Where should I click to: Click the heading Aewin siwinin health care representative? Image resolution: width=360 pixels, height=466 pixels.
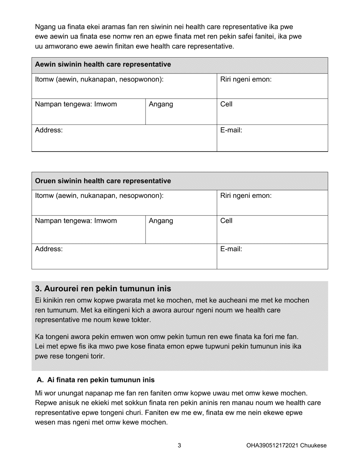(x=103, y=64)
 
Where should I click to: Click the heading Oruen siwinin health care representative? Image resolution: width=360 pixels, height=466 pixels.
(x=103, y=181)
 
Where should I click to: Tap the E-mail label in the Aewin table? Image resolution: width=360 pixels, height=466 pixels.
(x=231, y=130)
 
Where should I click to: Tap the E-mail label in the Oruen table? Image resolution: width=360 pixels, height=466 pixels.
(x=231, y=249)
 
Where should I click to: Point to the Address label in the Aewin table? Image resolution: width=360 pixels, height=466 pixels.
(x=49, y=130)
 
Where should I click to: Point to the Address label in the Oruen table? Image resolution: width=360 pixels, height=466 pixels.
(x=49, y=249)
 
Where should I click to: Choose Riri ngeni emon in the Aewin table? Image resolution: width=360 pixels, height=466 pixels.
(x=246, y=80)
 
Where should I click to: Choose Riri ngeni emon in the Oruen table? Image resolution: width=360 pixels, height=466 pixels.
(x=246, y=196)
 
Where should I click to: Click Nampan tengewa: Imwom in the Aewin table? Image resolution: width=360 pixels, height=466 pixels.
(x=76, y=104)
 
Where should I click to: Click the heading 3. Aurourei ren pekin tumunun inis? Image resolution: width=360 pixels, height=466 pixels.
(x=103, y=289)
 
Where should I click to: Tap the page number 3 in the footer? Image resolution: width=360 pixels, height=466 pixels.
(x=179, y=446)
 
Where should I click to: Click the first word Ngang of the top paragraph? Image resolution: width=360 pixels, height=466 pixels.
(x=43, y=27)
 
